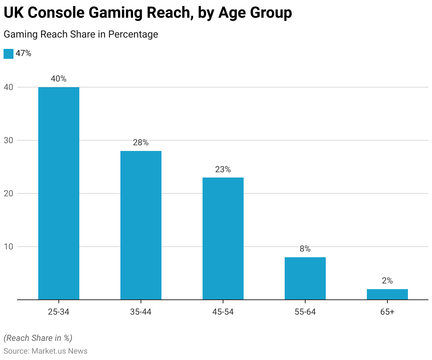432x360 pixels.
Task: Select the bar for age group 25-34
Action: (59, 193)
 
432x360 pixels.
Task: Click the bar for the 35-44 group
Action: (141, 225)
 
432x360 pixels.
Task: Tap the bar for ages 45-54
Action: (223, 238)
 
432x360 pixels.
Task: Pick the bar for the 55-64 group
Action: (305, 278)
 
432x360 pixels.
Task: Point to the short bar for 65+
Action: (387, 294)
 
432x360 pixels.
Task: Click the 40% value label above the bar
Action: (59, 79)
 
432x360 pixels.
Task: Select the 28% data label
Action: (141, 142)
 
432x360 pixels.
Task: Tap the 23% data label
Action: (223, 169)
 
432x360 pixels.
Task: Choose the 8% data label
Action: (305, 249)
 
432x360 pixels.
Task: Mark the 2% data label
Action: (387, 281)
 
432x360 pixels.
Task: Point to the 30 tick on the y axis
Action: (8, 140)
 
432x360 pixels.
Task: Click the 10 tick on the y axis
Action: (8, 247)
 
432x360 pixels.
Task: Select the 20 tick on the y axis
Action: (8, 193)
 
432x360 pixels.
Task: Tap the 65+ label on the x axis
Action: (387, 312)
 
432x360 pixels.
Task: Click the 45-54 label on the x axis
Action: (223, 312)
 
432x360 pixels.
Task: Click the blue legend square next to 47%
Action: (8, 54)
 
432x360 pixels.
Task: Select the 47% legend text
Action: (23, 54)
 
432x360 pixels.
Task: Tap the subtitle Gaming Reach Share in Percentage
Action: (81, 34)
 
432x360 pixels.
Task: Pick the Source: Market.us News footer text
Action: (45, 351)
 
